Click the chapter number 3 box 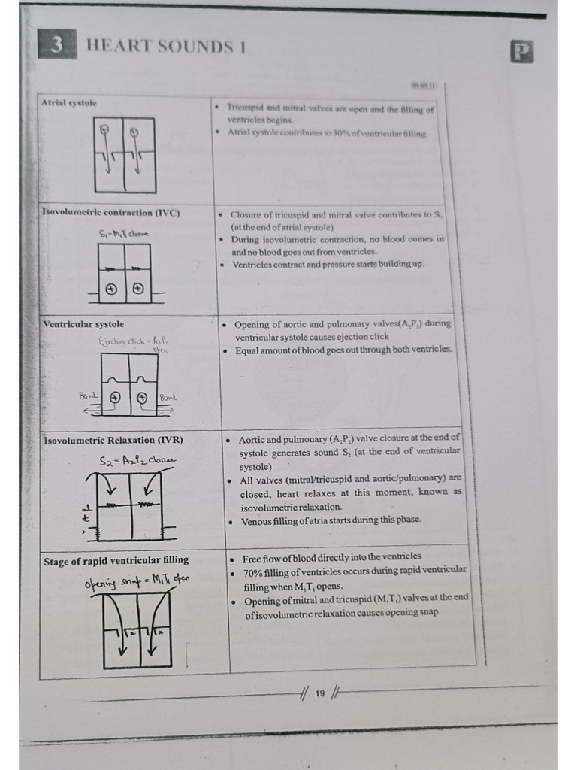coord(57,46)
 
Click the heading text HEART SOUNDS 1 coord(167,47)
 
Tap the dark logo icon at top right coord(521,51)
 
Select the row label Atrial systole coord(68,103)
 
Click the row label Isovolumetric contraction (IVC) coord(110,213)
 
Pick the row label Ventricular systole coord(84,324)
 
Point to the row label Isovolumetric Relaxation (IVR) coord(113,440)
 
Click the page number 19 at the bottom coord(320,693)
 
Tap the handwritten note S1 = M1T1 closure coord(124,234)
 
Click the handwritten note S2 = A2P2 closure coord(138,460)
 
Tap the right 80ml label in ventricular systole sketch coord(168,397)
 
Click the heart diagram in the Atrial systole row coord(125,155)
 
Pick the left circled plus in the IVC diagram coord(111,289)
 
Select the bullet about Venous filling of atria coord(331,520)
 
